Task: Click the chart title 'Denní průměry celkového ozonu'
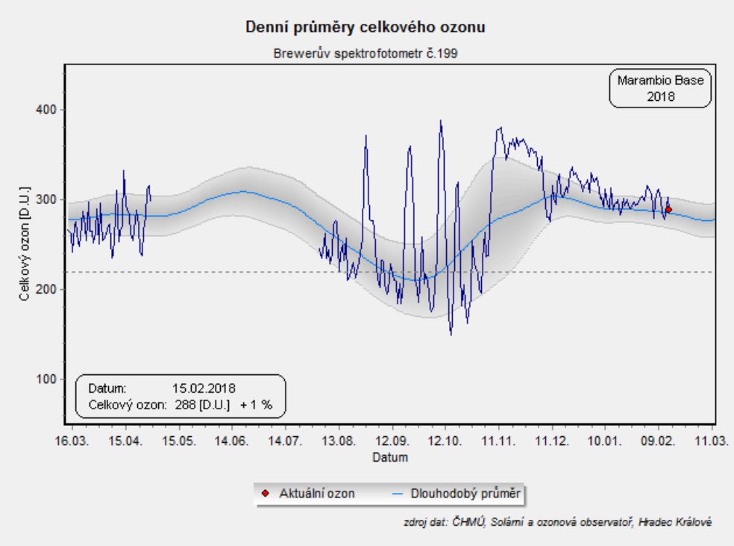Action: click(366, 28)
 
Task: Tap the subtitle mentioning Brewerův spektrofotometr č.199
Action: click(366, 54)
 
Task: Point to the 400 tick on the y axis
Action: click(46, 110)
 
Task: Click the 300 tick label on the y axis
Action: click(46, 199)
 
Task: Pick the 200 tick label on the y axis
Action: click(46, 289)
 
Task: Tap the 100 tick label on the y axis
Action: click(46, 379)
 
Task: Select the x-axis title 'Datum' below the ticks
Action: click(390, 456)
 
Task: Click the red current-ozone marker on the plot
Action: click(668, 210)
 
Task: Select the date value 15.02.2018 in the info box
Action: click(204, 388)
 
